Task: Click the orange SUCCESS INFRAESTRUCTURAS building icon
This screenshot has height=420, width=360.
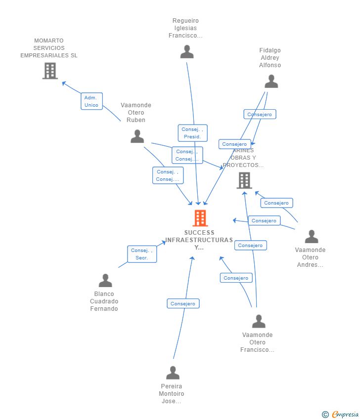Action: (200, 218)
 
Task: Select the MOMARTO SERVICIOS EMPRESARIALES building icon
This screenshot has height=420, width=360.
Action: (50, 71)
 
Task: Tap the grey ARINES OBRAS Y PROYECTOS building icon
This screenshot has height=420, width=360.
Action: (244, 180)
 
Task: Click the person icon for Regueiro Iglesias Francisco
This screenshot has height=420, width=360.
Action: (187, 52)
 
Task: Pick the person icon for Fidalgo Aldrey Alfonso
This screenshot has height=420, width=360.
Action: (271, 82)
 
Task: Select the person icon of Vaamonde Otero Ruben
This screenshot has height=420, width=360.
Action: (137, 136)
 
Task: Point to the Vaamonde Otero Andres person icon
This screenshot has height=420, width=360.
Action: (311, 237)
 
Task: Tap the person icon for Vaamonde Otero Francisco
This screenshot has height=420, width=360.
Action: (259, 322)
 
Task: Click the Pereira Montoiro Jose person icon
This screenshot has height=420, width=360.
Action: (173, 373)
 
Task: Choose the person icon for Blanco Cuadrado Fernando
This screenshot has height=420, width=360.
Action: (105, 281)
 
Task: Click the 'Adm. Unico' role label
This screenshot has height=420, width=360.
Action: (91, 101)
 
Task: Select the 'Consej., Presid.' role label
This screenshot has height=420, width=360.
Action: (192, 133)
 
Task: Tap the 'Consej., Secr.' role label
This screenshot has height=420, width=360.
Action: (142, 254)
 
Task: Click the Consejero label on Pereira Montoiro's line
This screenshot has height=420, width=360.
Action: (183, 304)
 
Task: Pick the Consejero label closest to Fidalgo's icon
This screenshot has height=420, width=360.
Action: (260, 114)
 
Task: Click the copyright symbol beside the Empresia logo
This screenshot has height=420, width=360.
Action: (325, 415)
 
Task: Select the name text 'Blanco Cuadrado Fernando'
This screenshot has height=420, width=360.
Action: (104, 301)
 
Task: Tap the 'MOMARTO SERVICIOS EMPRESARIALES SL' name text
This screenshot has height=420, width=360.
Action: (49, 48)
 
